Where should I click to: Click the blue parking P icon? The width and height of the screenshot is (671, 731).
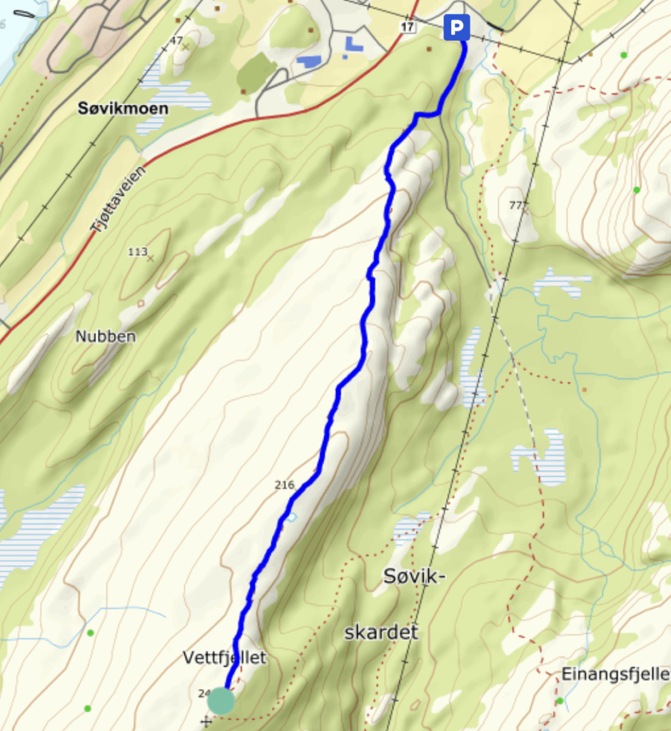456,28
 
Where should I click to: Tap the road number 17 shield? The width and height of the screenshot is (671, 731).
408,27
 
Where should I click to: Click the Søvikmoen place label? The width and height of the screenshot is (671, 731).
123,109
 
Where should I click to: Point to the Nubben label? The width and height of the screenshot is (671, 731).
105,336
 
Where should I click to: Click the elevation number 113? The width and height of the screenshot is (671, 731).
137,251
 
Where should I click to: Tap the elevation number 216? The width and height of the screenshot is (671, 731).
284,485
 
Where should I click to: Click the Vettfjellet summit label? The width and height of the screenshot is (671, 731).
223,658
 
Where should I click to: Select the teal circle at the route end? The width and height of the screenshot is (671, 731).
221,700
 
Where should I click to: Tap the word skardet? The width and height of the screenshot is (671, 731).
381,632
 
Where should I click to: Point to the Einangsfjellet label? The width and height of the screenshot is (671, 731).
615,674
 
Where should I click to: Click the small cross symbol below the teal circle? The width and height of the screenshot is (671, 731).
207,721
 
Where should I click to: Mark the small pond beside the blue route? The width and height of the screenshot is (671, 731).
291,517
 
